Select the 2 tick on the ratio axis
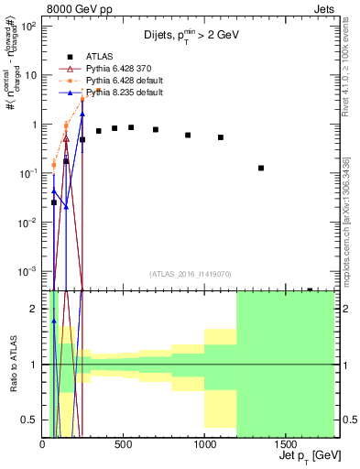click(35, 309)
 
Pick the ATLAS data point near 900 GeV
click(188, 135)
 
